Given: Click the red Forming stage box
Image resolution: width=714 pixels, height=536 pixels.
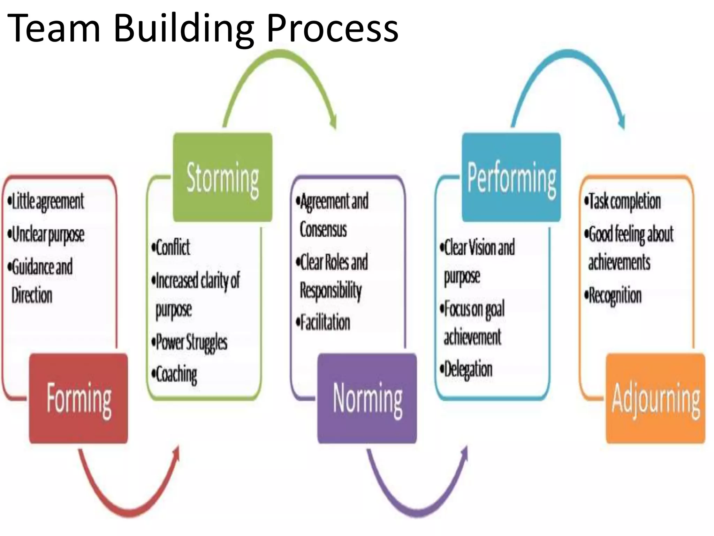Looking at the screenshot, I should coord(78,398).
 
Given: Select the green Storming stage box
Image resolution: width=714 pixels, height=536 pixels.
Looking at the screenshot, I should coord(223,177).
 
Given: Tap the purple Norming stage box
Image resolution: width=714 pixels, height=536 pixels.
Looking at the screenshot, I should coord(367,398).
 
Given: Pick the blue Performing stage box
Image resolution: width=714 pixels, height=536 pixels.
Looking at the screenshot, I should coord(511,177).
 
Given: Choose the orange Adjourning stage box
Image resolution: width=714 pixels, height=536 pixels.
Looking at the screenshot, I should coord(656,398).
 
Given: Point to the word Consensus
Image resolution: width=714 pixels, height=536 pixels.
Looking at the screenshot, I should coord(323,230).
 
